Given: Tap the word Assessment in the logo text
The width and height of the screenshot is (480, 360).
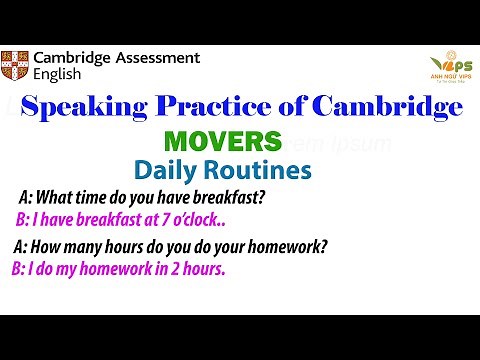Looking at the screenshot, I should point(156,58).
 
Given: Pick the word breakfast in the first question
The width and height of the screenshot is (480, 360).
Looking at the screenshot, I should point(231,197).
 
